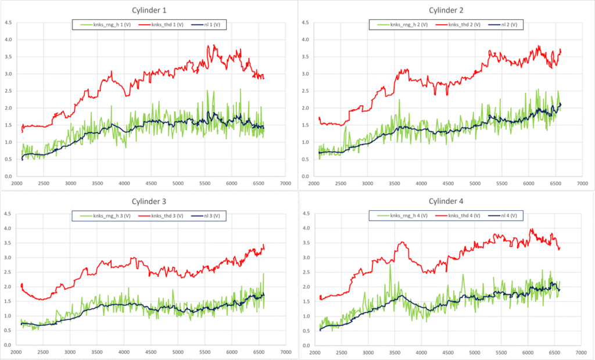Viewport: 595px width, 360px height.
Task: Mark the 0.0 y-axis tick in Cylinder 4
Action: coord(305,345)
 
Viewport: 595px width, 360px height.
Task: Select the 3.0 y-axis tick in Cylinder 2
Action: coord(305,74)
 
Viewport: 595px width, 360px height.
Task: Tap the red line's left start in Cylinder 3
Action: coord(21,285)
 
